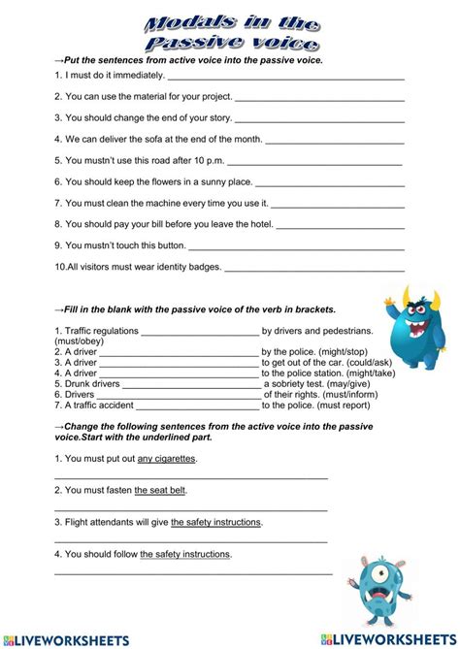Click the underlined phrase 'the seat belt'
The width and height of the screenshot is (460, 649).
point(160,490)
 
